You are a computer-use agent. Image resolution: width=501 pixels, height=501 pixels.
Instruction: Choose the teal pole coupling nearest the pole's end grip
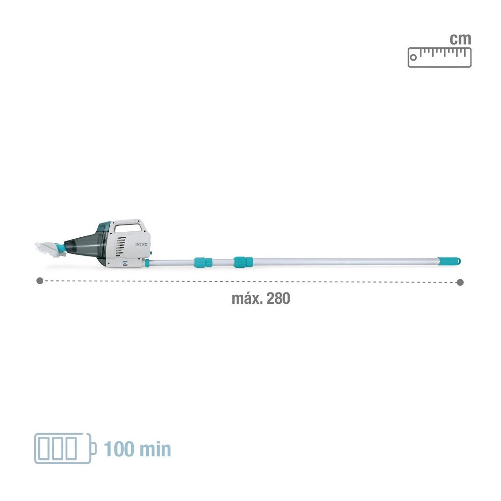coord(243,262)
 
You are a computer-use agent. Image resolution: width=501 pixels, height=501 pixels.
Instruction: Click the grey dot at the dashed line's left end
coord(40,281)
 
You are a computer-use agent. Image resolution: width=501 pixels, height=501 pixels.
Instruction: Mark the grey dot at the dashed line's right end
coord(460,282)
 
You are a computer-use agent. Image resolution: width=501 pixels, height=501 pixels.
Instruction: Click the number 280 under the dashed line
coord(278,299)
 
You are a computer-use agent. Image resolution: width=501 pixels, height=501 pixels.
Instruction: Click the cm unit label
coord(460,39)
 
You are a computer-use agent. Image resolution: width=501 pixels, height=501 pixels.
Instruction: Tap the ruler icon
coord(440,57)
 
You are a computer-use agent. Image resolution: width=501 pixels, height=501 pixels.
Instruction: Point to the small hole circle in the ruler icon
coord(414,58)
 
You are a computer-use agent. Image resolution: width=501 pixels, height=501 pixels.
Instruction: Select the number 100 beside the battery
coord(120,449)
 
